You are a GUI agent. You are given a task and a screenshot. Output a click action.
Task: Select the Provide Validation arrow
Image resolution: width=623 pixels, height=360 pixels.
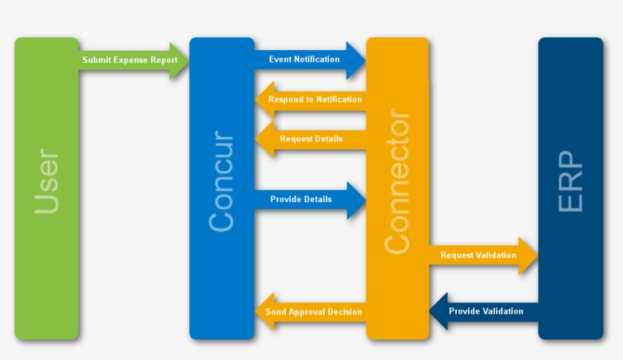[486, 311]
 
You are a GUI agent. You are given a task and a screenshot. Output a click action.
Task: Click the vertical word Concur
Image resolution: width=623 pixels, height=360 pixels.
[221, 182]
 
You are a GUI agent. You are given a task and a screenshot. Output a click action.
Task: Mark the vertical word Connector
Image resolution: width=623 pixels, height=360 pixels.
[397, 182]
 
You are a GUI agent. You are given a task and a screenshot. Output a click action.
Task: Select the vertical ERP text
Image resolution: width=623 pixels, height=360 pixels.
[571, 182]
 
